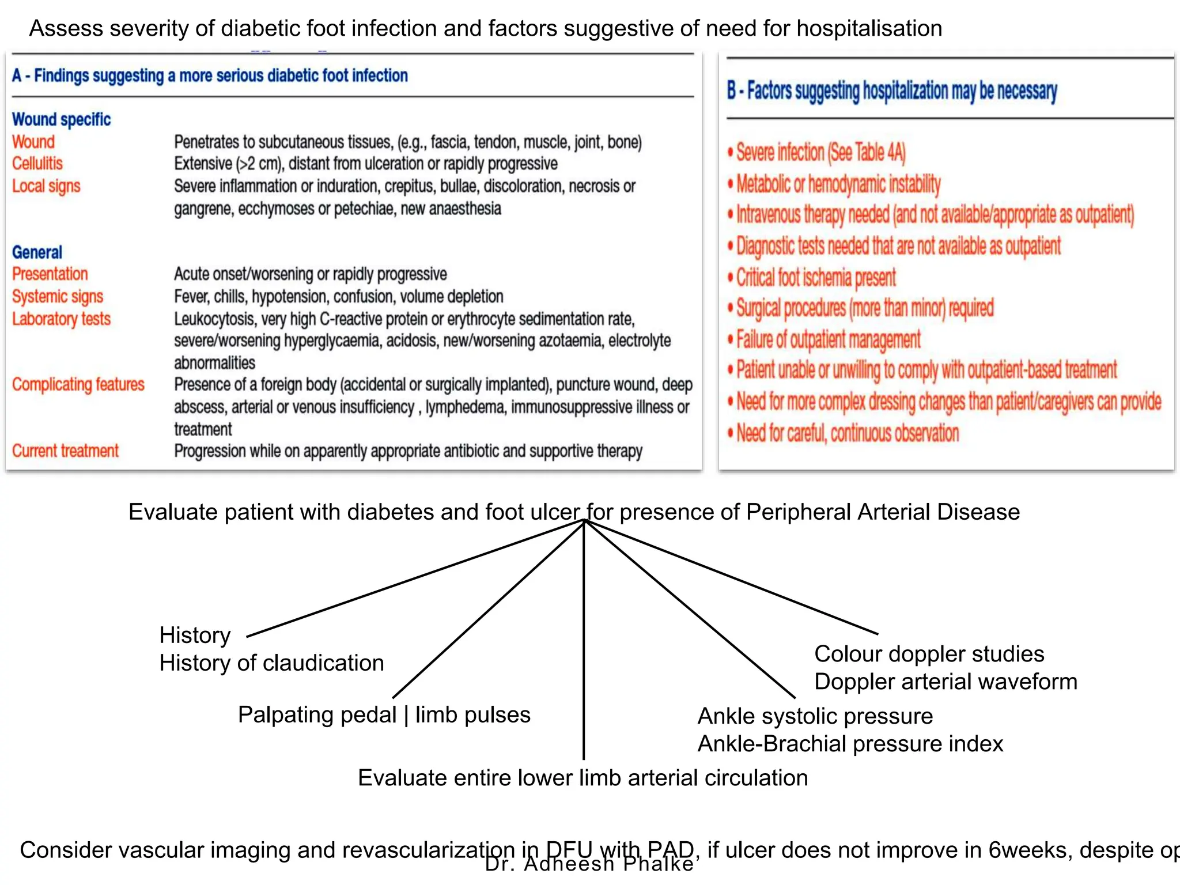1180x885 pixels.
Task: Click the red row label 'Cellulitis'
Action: coord(37,164)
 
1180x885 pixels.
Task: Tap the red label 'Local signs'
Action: coord(46,186)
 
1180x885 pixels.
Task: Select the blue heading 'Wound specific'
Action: coord(61,119)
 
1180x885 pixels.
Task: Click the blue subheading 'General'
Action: coord(37,252)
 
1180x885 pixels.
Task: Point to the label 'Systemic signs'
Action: coord(58,296)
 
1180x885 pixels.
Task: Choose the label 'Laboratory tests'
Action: coord(61,319)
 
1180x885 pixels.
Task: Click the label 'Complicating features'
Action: coord(78,384)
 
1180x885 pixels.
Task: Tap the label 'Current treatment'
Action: coord(65,451)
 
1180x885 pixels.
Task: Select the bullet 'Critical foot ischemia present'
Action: coord(816,278)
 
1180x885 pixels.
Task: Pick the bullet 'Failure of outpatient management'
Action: coord(828,339)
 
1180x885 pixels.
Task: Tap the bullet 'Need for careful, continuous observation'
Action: coord(847,433)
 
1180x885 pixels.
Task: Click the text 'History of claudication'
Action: coord(271,663)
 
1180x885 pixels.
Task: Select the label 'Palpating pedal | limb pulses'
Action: coord(384,715)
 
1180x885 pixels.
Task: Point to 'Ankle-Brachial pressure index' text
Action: coord(850,744)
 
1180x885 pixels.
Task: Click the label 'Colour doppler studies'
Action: coord(929,654)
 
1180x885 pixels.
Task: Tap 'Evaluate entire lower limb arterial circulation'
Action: coord(583,778)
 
